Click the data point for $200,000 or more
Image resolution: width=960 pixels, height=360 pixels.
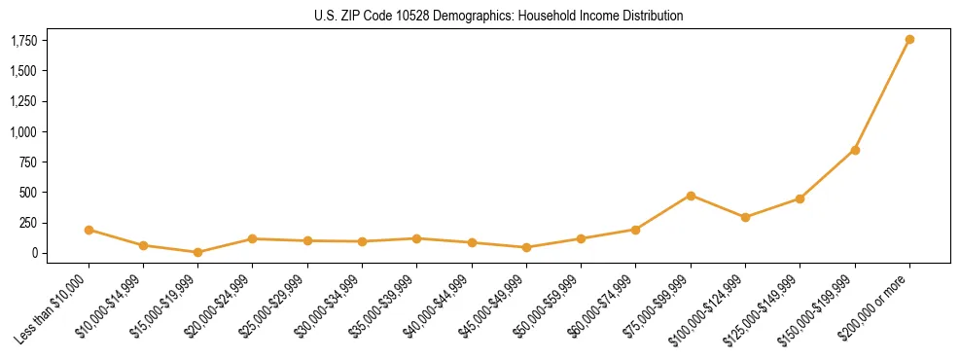(x=909, y=40)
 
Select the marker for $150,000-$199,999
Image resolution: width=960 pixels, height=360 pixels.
(x=855, y=150)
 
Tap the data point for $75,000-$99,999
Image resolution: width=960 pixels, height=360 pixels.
(x=691, y=196)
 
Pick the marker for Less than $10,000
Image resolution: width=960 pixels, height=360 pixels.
(x=89, y=231)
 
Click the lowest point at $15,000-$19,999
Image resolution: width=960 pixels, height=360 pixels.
(x=197, y=252)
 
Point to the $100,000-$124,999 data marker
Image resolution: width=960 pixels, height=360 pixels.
(x=745, y=217)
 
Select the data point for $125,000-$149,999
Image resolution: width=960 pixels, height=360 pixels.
(x=800, y=198)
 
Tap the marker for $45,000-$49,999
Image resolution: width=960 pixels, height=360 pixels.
(x=526, y=247)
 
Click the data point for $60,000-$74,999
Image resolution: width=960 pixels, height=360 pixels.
(x=635, y=230)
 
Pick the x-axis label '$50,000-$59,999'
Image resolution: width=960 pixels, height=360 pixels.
(x=548, y=306)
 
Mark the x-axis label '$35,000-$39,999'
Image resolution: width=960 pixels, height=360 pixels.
(x=383, y=306)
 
